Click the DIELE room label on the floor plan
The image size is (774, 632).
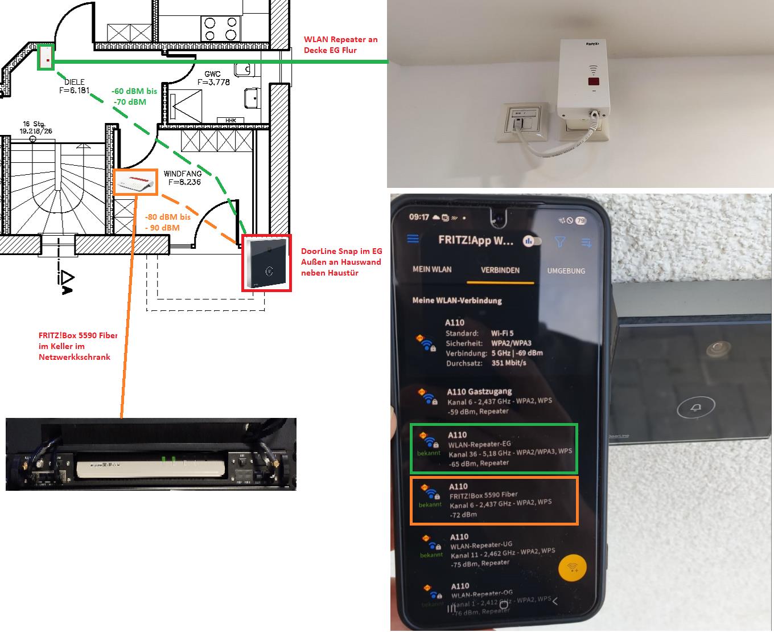pos(75,86)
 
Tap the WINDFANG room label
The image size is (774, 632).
pos(182,178)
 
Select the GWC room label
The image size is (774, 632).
pos(213,78)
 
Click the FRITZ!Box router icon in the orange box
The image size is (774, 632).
pos(135,182)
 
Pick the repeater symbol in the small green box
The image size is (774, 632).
pos(46,58)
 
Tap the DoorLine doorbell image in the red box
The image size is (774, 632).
pos(266,263)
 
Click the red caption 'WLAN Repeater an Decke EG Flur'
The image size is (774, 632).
pos(340,44)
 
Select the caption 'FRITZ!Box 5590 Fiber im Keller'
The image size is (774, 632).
pos(77,346)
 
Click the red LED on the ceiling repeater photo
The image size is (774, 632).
pos(593,81)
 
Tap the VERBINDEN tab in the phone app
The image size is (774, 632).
pos(500,270)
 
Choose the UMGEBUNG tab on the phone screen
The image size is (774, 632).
pos(566,271)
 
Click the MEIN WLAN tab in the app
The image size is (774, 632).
pos(432,269)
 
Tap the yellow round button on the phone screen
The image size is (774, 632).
pos(573,567)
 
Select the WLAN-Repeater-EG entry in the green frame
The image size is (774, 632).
pos(493,449)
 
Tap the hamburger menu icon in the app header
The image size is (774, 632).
pos(413,239)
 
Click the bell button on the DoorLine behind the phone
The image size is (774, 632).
pos(695,408)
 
